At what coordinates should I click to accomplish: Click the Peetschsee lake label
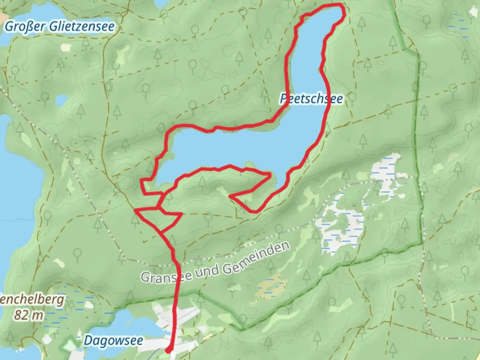pos(311,99)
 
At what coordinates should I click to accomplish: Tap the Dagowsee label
pos(113,341)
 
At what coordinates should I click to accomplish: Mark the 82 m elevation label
pos(29,315)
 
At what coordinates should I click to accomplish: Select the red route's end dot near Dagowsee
pos(169,350)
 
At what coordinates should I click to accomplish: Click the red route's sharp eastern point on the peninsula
pos(270,174)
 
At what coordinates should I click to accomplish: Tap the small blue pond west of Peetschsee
pos(62,100)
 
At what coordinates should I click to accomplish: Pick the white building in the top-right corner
pos(472,12)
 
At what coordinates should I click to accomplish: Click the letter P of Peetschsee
pos(284,99)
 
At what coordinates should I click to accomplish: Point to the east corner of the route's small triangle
pos(181,214)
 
